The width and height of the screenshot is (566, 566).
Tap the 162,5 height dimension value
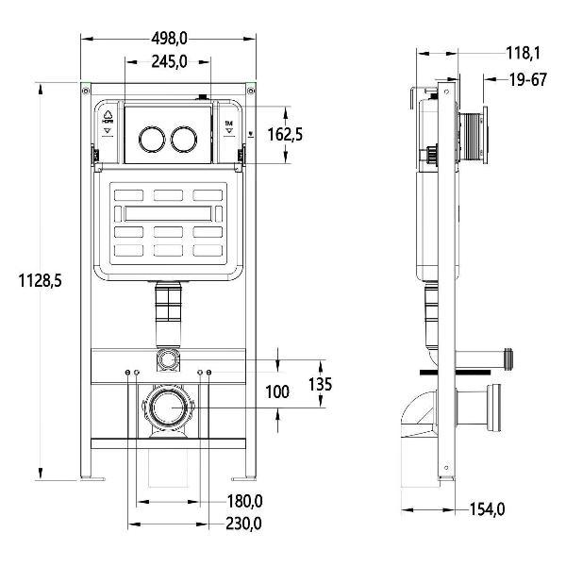[x=284, y=135]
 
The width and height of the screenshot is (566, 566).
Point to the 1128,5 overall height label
[x=40, y=280]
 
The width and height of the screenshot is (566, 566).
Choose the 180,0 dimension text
[x=244, y=501]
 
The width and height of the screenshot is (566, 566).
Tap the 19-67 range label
[x=527, y=80]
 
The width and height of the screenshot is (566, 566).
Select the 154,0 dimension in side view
[x=487, y=509]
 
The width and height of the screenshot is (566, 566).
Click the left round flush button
[x=150, y=141]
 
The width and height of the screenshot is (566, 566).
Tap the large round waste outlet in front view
[x=168, y=410]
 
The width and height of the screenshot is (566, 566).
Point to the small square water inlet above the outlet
[x=168, y=358]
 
